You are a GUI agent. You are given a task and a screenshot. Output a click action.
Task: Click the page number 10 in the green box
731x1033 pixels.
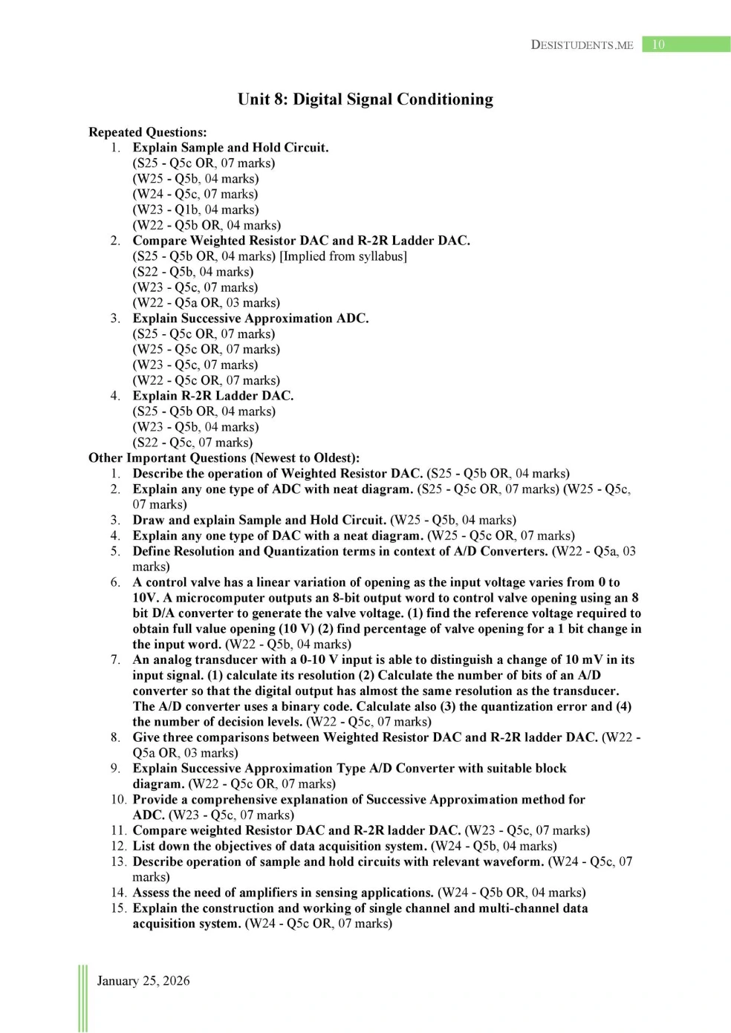658,45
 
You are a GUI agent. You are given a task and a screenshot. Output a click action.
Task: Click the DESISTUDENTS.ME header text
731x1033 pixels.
582,45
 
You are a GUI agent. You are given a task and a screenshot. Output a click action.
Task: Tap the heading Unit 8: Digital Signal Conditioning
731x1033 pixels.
365,100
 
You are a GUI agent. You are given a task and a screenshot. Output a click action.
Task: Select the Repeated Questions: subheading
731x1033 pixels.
147,132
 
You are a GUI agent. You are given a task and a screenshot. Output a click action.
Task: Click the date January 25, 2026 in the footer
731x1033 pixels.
143,981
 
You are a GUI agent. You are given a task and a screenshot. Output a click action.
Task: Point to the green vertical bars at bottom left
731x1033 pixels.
82,998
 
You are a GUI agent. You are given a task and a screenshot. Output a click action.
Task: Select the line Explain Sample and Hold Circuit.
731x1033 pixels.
230,148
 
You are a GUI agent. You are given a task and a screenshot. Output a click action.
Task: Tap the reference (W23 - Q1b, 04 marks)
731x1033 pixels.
195,209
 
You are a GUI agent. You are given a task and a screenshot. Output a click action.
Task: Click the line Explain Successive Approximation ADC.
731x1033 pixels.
250,319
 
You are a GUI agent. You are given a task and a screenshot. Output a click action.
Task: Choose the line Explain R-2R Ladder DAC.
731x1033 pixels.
212,396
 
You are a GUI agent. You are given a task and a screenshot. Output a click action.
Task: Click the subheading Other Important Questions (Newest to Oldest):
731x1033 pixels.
224,458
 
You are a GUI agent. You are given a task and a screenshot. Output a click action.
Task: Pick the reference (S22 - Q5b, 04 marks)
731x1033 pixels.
192,272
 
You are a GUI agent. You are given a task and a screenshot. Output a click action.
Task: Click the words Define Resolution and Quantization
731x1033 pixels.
227,551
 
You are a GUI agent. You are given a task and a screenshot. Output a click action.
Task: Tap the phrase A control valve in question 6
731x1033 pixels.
177,582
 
